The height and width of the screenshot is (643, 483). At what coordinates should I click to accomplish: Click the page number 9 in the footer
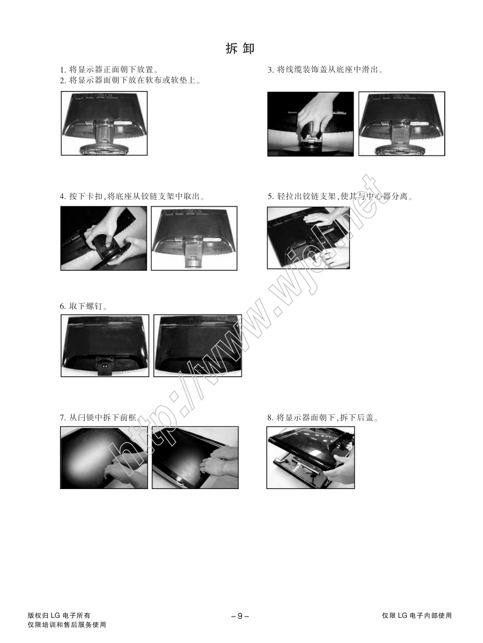(x=240, y=616)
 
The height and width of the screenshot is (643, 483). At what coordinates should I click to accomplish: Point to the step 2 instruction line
(x=131, y=80)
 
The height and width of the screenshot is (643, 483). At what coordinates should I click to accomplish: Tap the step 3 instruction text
(x=326, y=70)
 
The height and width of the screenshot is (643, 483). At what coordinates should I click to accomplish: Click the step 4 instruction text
(x=133, y=196)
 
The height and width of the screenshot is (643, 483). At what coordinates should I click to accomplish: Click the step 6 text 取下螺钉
(x=84, y=306)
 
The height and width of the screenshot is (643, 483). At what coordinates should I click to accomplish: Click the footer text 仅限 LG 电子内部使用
(x=417, y=615)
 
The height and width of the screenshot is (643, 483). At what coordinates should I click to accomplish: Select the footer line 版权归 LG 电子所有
(x=59, y=615)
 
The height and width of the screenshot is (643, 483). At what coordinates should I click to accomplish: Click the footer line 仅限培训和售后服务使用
(x=67, y=625)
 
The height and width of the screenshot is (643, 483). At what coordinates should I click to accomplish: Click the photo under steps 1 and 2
(x=104, y=123)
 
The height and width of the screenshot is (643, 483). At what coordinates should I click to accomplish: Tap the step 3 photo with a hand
(x=311, y=124)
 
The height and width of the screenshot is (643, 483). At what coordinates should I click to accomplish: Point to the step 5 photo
(x=309, y=238)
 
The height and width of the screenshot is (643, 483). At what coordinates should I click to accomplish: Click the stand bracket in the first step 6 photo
(x=104, y=366)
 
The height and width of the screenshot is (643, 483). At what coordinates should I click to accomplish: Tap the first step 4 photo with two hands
(x=104, y=238)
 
